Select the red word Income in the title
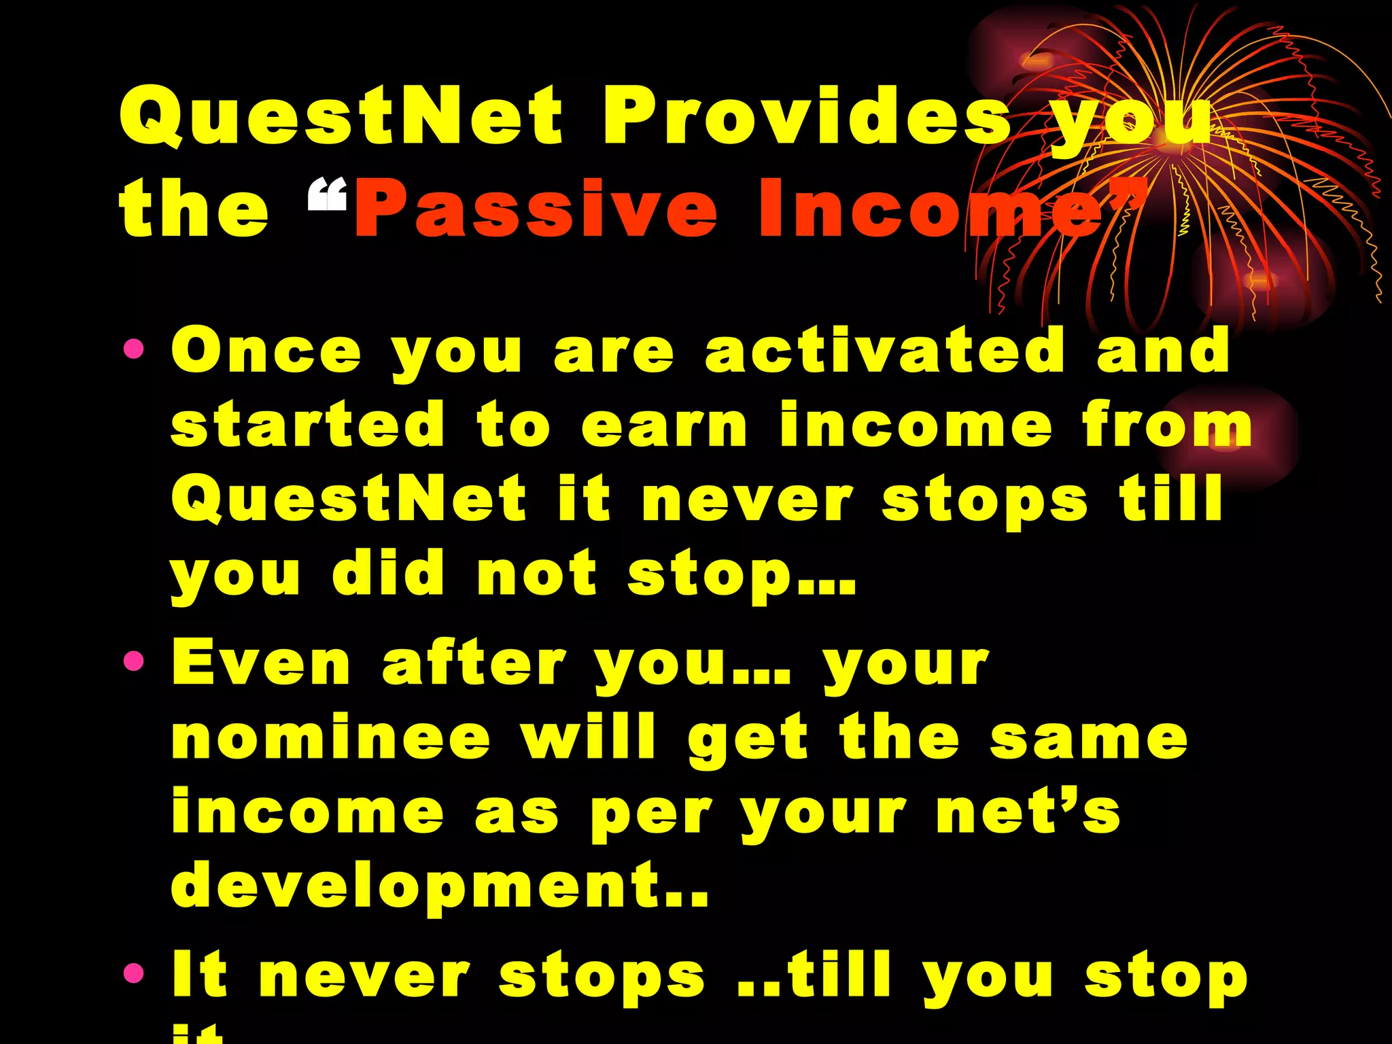[931, 209]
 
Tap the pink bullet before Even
[134, 661]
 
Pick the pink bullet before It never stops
[134, 973]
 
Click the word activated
[884, 351]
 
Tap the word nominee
[330, 738]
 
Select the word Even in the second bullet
[260, 663]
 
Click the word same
[1088, 739]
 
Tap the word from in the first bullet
[1166, 425]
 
